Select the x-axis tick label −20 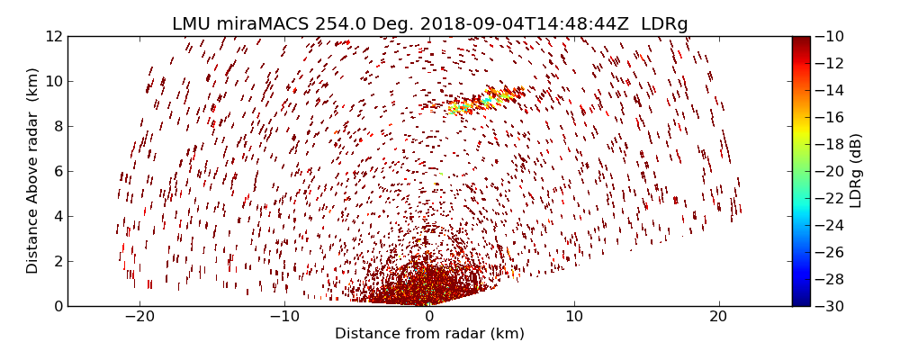[x=139, y=317]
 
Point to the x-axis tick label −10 [x=284, y=317]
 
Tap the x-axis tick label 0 [x=429, y=317]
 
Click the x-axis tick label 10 [x=574, y=317]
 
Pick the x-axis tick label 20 [x=718, y=317]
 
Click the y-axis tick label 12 [x=53, y=36]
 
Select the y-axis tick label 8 [x=57, y=126]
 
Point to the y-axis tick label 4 [x=57, y=216]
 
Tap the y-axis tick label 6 [x=57, y=171]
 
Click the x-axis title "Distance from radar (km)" [x=429, y=334]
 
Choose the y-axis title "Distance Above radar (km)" [x=33, y=171]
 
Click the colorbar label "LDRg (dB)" [x=856, y=171]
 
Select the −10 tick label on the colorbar [x=832, y=36]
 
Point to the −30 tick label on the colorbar [x=832, y=306]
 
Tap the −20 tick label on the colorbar [x=832, y=171]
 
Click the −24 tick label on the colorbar [x=832, y=225]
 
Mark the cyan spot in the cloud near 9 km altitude [x=486, y=101]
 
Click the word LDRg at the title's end [x=664, y=24]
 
